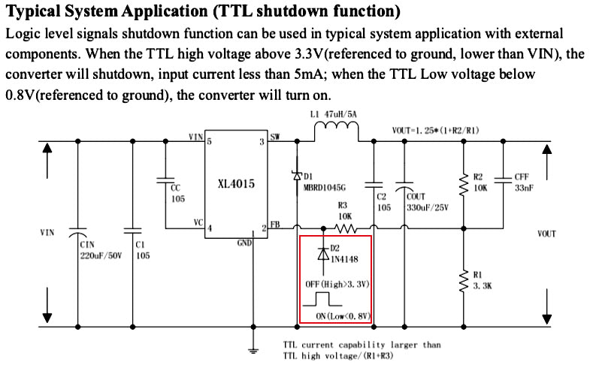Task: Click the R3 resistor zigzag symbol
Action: click(344, 227)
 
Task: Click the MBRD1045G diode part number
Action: click(325, 188)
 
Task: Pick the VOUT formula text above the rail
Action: click(435, 130)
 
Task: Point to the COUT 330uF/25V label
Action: click(426, 201)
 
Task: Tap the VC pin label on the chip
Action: click(198, 222)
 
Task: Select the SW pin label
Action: click(275, 137)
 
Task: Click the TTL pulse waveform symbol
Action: click(324, 300)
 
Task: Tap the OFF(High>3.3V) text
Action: click(335, 285)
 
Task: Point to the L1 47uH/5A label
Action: click(334, 114)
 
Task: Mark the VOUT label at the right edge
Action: click(546, 234)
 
